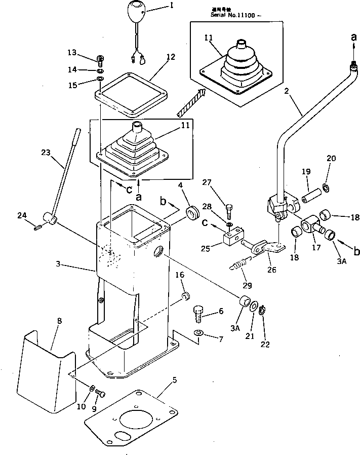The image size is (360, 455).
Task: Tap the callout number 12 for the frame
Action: pyautogui.click(x=170, y=57)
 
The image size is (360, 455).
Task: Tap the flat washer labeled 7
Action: pyautogui.click(x=198, y=332)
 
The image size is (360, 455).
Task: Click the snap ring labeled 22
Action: pyautogui.click(x=263, y=310)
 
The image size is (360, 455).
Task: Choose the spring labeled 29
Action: pyautogui.click(x=242, y=263)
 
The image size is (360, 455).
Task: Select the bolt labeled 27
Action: pyautogui.click(x=229, y=207)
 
